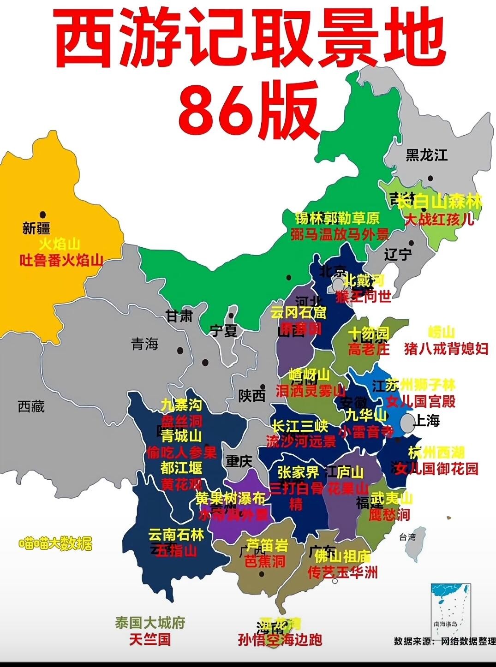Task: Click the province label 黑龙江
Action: tap(427, 155)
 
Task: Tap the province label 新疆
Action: tap(36, 228)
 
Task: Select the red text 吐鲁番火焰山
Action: tap(61, 260)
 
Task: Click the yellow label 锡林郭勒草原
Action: tap(337, 218)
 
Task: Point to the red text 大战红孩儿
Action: tap(439, 219)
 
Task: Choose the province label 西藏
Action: tap(31, 406)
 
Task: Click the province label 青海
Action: tap(145, 344)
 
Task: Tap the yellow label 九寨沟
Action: tap(181, 405)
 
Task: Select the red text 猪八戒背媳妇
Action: tap(446, 348)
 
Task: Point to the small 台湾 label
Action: tap(407, 537)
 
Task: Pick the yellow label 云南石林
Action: tap(176, 535)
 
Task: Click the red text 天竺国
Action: tap(150, 639)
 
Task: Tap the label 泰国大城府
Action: tap(150, 623)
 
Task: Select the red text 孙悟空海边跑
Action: tap(280, 640)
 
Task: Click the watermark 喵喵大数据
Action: tap(55, 544)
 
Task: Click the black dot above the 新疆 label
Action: tap(43, 214)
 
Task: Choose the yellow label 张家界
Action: tap(299, 472)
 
